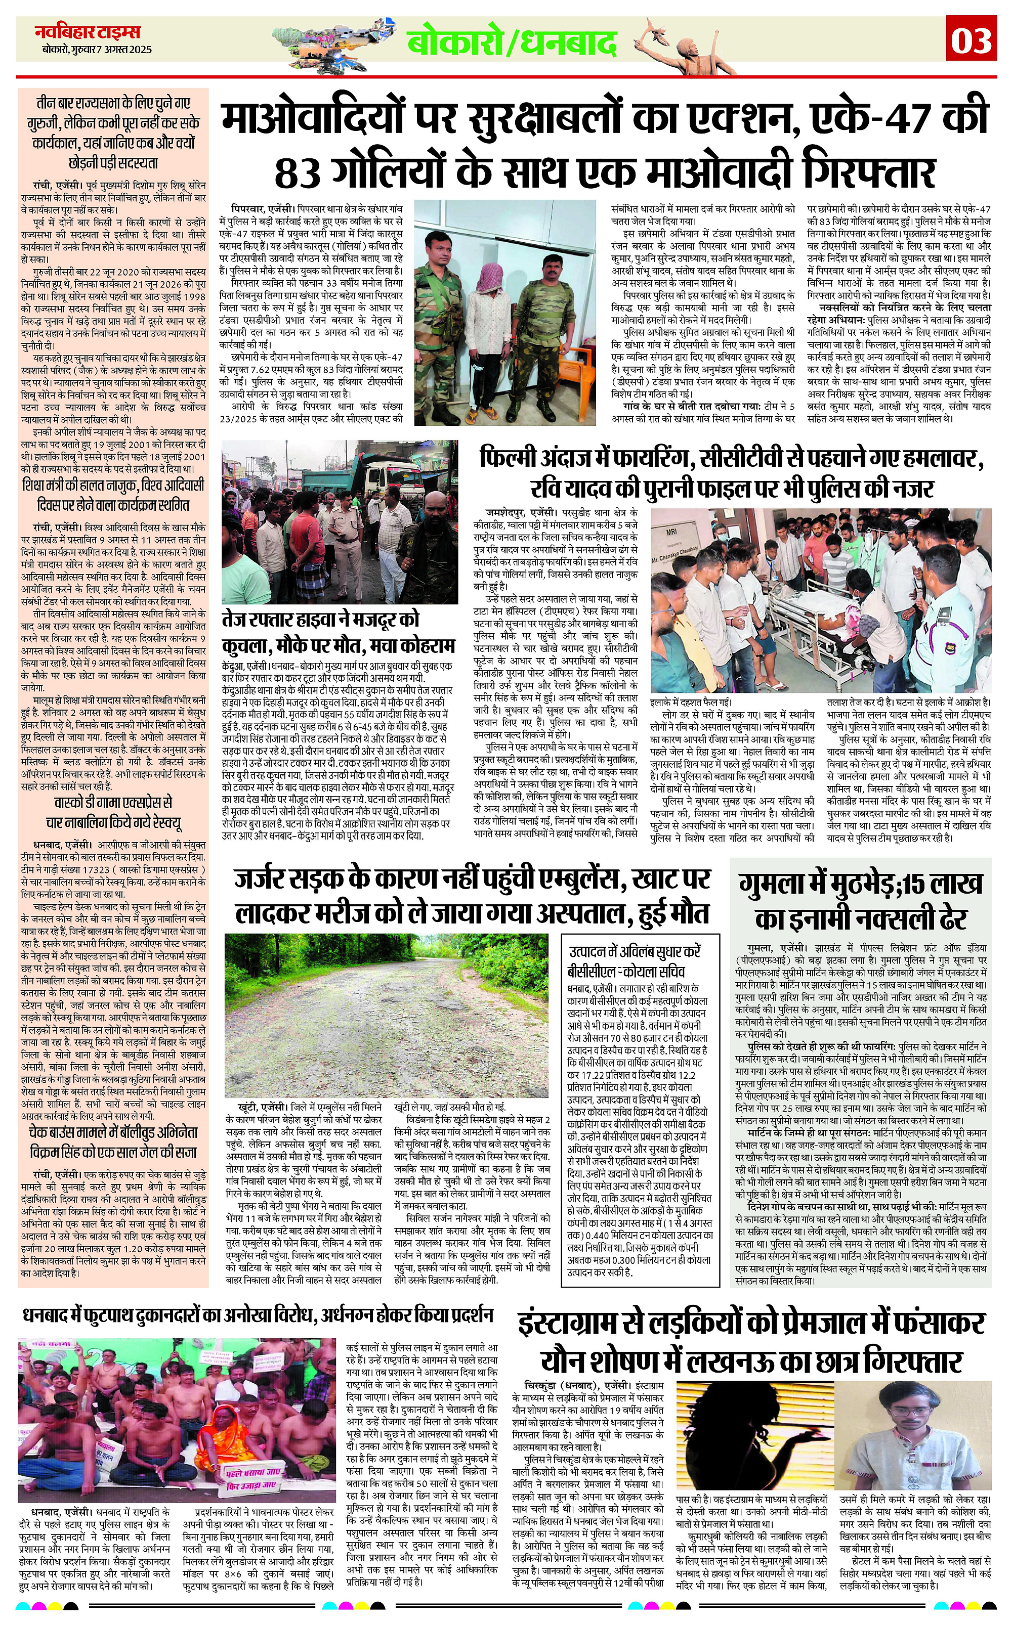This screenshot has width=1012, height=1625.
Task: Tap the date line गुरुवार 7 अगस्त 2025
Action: [x=95, y=50]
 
